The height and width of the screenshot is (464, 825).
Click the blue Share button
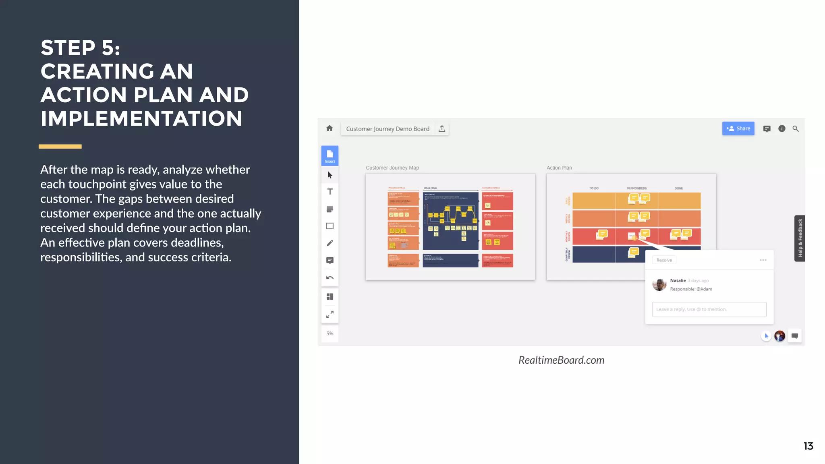[x=738, y=128]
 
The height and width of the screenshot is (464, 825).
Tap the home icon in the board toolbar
[x=330, y=128]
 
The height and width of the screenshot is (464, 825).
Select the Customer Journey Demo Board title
[x=388, y=129]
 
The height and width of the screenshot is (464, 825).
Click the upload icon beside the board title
[x=442, y=128]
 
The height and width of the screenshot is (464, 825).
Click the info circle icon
[x=781, y=128]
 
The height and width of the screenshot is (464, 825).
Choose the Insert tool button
[x=330, y=155]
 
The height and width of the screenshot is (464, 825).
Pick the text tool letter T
[x=330, y=192]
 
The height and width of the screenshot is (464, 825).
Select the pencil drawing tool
[x=330, y=243]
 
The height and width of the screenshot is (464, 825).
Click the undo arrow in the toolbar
[x=330, y=278]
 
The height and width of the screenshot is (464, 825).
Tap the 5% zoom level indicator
[x=330, y=333]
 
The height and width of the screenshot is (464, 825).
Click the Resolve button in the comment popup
[x=664, y=260]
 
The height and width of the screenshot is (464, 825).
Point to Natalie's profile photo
[x=659, y=284]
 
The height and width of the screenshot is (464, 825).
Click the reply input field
[x=709, y=309]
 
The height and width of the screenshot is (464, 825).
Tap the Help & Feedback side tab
[x=800, y=238]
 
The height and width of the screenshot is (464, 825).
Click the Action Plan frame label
[x=559, y=168]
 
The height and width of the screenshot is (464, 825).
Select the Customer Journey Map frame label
[x=392, y=168]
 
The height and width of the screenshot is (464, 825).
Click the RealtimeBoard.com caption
[x=561, y=360]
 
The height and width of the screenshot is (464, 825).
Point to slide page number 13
[x=808, y=446]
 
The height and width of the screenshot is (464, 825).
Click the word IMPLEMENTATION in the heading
[x=141, y=119]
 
